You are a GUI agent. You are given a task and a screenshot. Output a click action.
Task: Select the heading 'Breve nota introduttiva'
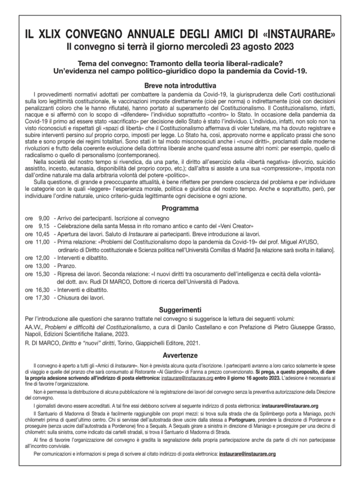point(180,86)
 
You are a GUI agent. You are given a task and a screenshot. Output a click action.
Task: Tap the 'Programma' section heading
point(180,208)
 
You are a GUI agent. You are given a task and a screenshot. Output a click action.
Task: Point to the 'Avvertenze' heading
point(180,355)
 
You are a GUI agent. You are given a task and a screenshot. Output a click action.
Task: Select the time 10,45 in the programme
point(43,234)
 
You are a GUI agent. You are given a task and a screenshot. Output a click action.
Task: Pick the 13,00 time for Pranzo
point(43,266)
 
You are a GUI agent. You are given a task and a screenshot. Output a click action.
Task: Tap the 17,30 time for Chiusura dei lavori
point(43,298)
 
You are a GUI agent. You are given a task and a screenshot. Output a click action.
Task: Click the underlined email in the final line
point(245,454)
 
